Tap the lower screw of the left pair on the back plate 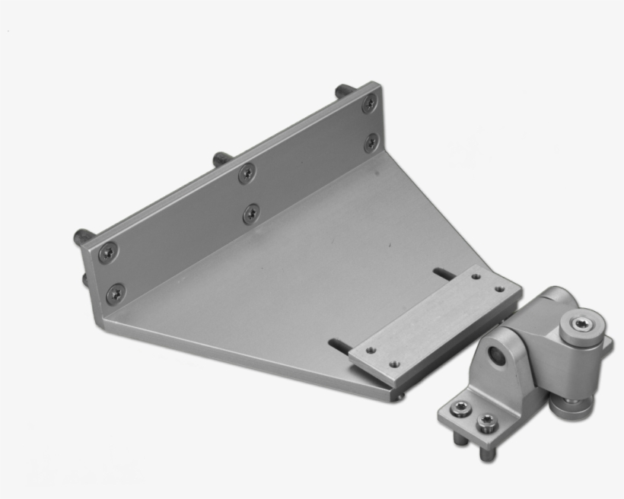[x=116, y=291]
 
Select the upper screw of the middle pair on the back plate [x=246, y=173]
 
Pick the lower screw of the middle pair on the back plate [x=251, y=214]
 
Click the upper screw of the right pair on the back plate [x=369, y=104]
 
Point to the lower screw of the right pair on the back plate [x=371, y=141]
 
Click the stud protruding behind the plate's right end [x=345, y=90]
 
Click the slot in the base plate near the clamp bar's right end [x=444, y=272]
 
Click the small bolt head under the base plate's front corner [x=402, y=394]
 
